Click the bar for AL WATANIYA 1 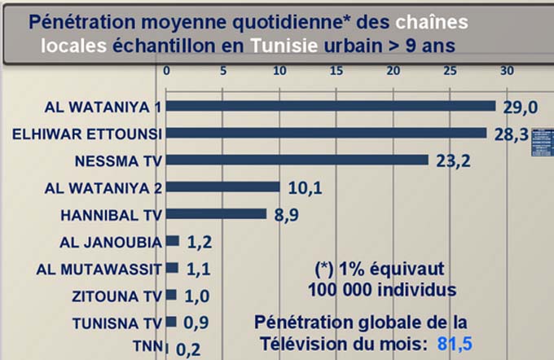point(330,106)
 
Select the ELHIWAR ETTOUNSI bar point(326,133)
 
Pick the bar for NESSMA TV point(297,160)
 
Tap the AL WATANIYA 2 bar point(222,187)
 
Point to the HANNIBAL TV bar point(216,213)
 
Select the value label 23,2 point(453,160)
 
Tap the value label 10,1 point(306,188)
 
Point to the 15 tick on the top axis point(336,71)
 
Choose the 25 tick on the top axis point(450,71)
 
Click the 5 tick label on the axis point(223,71)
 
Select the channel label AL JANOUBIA point(112,242)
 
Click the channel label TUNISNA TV point(117,323)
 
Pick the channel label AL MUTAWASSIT point(101,269)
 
